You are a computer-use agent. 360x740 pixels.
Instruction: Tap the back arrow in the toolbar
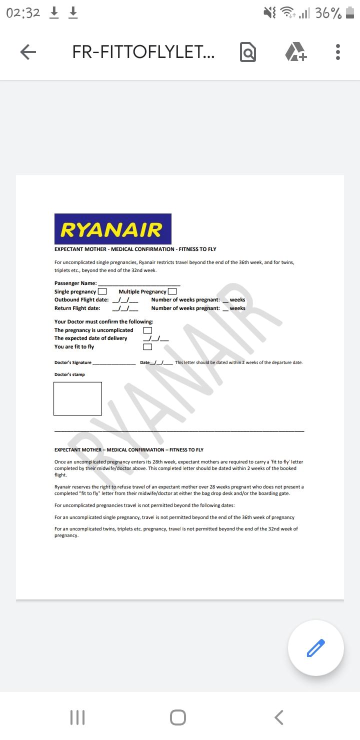28,52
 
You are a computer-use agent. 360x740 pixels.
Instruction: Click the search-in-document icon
248,52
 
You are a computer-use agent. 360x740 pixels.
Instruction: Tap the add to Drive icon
295,52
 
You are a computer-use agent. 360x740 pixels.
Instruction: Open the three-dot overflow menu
338,52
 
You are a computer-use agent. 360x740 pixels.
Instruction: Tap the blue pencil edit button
315,648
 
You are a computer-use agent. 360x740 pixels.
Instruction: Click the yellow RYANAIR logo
112,229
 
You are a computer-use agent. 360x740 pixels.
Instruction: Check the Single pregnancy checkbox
102,291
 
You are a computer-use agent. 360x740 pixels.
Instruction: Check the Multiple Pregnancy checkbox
172,291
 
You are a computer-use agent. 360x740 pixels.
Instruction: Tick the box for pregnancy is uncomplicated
147,330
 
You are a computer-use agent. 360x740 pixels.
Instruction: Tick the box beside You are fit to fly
147,347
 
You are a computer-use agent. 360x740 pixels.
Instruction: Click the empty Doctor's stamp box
77,398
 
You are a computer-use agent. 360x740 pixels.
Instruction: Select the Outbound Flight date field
125,300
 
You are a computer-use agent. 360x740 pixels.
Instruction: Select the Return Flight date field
125,308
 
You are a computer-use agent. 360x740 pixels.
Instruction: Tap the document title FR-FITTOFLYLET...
143,52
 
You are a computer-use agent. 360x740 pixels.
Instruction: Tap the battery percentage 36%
328,13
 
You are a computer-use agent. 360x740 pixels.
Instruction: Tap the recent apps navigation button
77,717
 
